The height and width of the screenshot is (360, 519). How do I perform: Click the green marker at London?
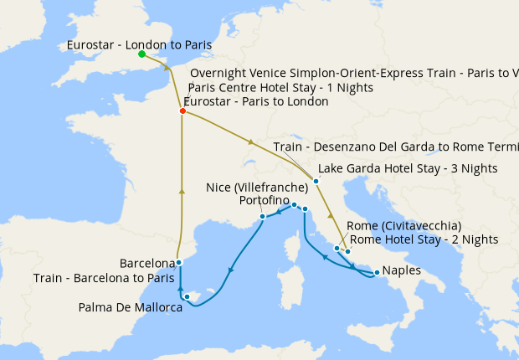(141, 54)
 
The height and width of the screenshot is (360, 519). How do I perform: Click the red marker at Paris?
(182, 111)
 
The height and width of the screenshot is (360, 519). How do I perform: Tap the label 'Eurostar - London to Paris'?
(140, 44)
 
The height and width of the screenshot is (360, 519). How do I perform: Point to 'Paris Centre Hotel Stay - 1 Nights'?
(281, 87)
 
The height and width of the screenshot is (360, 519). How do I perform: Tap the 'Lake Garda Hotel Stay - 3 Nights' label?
(409, 168)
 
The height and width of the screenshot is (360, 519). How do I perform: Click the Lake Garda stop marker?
(316, 181)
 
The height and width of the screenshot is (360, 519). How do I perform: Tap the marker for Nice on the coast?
(263, 216)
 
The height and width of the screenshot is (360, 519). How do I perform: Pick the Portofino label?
(264, 202)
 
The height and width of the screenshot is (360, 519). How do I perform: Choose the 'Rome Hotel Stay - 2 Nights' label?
(424, 239)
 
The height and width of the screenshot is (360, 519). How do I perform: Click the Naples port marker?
(377, 272)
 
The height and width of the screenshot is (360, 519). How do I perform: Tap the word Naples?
(402, 271)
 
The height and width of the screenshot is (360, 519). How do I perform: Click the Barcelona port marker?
(179, 262)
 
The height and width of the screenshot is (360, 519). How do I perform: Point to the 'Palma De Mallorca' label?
(131, 307)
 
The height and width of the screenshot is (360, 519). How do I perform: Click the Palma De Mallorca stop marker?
(188, 296)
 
